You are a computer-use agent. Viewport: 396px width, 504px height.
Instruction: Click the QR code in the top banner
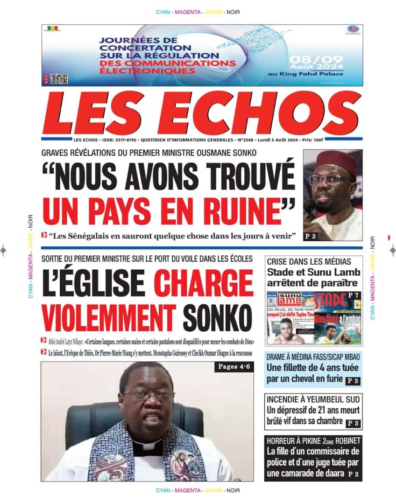tap(59, 79)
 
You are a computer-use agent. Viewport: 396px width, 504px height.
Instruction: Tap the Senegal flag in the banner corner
tap(53, 29)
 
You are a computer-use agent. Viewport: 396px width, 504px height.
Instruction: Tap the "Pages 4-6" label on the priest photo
tap(234, 367)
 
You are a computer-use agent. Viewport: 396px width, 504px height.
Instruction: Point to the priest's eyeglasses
tap(148, 394)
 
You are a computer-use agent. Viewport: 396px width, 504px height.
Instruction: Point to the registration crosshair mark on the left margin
tap(4, 250)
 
